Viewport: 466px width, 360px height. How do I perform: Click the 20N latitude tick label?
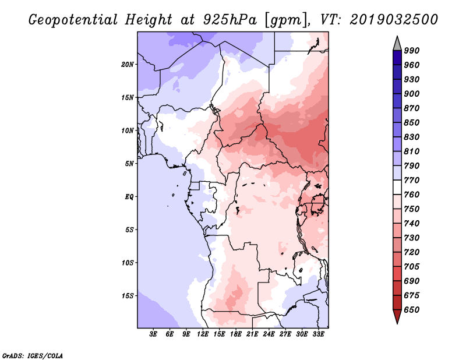pos(128,65)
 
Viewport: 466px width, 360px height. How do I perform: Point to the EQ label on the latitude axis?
pos(129,197)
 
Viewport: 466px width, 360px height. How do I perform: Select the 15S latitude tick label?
pos(128,296)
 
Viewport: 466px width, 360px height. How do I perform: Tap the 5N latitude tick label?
pos(129,164)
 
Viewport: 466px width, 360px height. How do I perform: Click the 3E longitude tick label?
pos(153,334)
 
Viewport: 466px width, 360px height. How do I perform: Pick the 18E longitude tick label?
pos(236,334)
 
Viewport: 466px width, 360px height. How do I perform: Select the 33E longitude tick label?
pos(318,334)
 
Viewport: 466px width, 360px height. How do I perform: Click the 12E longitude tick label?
pos(203,334)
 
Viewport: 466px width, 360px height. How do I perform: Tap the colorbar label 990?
pos(412,51)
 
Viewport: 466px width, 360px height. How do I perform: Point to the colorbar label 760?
pos(412,195)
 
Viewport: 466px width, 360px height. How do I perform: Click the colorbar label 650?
pos(412,310)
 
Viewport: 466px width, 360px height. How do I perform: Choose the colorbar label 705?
pos(412,266)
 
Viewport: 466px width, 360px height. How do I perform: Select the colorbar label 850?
pos(412,122)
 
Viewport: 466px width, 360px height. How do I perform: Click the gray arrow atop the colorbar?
pos(397,44)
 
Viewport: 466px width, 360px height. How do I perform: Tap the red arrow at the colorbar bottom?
pos(397,316)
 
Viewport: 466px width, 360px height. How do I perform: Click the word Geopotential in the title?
pos(73,20)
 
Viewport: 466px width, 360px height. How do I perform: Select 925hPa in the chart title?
pos(230,20)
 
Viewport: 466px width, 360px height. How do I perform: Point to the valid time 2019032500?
pos(394,20)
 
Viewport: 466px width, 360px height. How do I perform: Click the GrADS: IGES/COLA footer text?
pos(33,356)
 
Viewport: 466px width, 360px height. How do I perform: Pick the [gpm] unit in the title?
pos(286,20)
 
